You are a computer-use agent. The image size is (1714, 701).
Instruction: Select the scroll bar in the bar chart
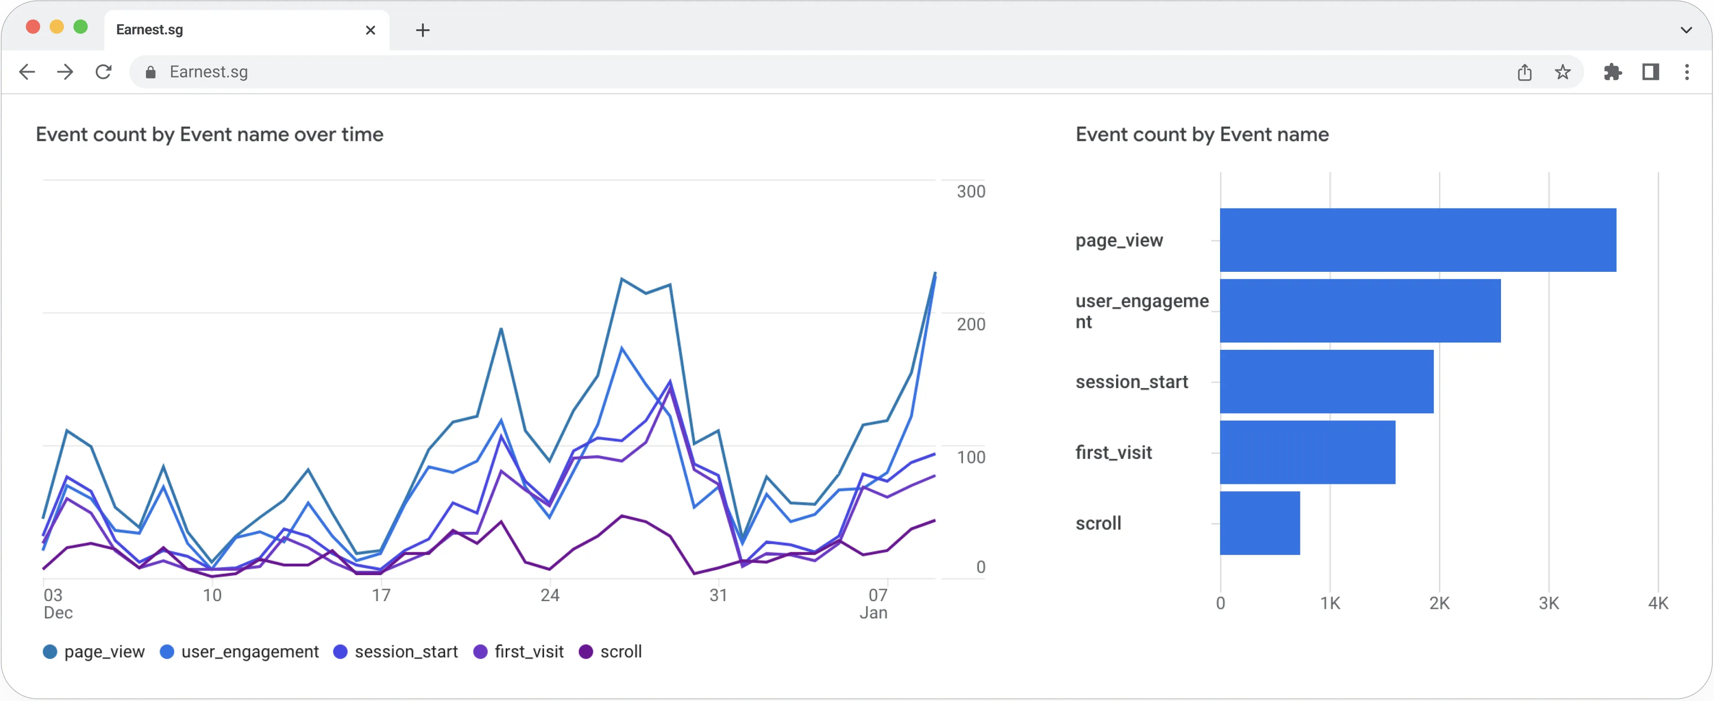click(x=1260, y=524)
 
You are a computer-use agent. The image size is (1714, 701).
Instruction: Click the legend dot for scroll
click(x=586, y=652)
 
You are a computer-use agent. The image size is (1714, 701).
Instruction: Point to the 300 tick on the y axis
click(x=970, y=192)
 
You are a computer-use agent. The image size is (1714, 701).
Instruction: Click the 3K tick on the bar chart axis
click(x=1548, y=603)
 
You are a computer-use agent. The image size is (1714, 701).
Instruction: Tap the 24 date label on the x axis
click(x=550, y=595)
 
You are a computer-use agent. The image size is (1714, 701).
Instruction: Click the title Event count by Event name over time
click(x=210, y=135)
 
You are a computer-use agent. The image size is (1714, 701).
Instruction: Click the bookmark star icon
click(x=1562, y=72)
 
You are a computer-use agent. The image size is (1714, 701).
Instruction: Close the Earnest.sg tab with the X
click(x=371, y=30)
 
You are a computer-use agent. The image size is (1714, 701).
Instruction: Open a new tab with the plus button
click(x=422, y=30)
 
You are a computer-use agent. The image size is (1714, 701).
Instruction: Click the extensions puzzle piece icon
click(x=1612, y=72)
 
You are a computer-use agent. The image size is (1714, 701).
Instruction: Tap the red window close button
click(x=32, y=26)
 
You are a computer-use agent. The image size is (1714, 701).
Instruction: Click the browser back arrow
click(x=26, y=72)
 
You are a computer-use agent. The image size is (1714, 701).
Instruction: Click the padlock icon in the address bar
click(x=151, y=72)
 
